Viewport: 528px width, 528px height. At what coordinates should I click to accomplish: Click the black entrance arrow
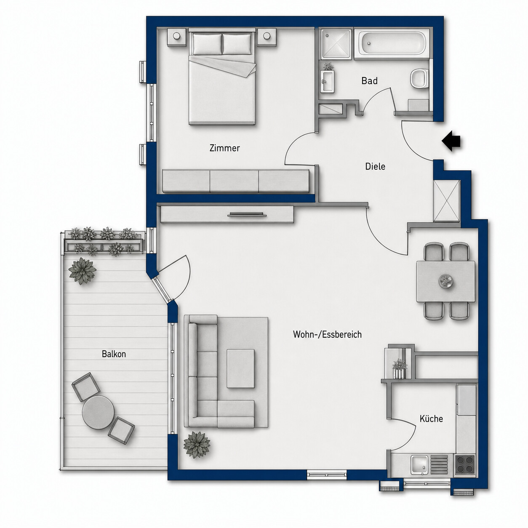point(451,141)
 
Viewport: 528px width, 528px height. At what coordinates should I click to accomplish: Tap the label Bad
point(369,80)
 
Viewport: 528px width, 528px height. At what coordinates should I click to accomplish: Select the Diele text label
point(375,166)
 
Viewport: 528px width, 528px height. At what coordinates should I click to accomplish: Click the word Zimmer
point(224,148)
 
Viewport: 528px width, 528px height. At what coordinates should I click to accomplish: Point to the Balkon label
point(114,354)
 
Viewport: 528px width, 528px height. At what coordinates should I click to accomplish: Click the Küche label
point(431,419)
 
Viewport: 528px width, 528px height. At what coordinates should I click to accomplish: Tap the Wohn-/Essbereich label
point(327,335)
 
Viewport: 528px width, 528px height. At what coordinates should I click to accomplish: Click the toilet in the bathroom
point(419,78)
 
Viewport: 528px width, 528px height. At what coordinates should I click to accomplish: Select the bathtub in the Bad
point(392,44)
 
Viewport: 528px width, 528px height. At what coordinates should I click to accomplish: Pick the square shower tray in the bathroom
point(336,44)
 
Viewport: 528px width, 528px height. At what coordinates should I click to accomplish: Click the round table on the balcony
point(99,412)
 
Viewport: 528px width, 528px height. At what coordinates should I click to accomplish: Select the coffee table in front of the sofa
point(240,368)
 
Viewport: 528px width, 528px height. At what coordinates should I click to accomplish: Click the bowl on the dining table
point(446,281)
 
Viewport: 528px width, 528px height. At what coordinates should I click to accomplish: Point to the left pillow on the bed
point(207,44)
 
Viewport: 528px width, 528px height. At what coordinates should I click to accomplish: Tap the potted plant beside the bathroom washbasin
point(328,66)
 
